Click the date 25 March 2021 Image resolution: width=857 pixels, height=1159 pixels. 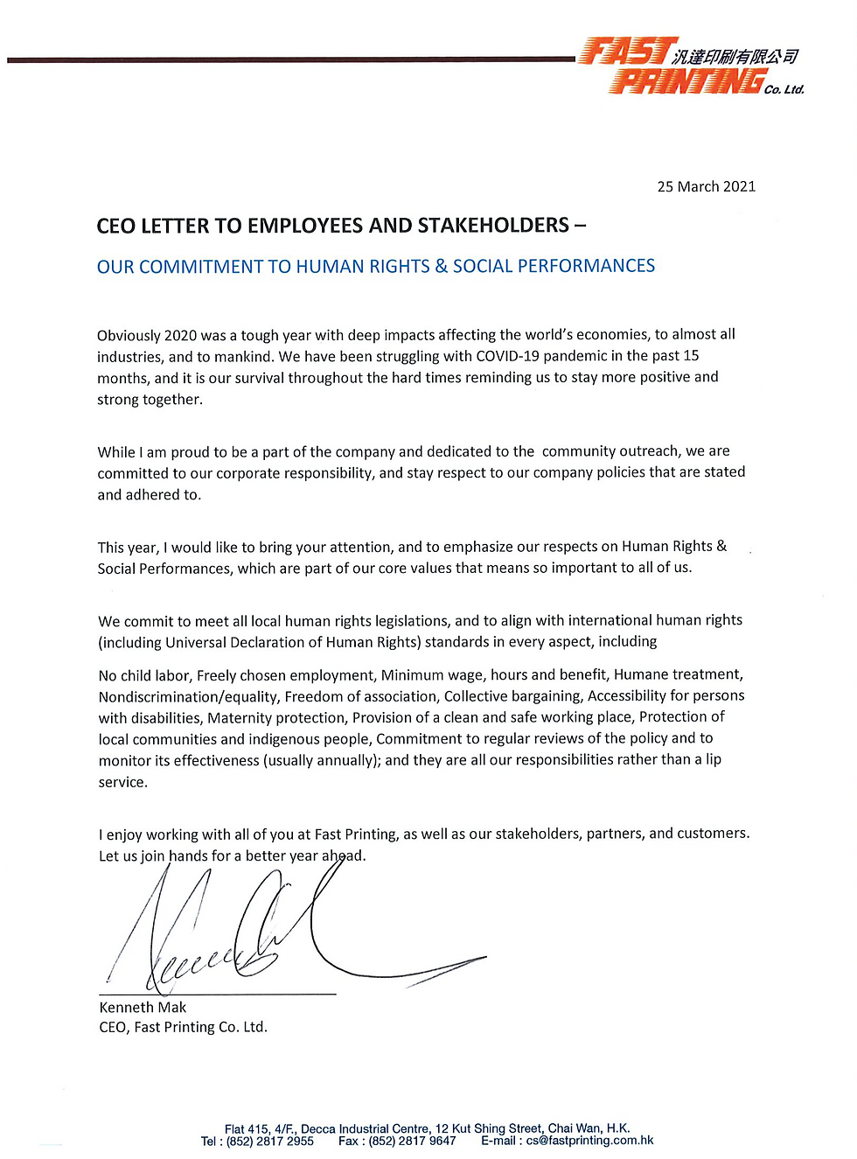[706, 186]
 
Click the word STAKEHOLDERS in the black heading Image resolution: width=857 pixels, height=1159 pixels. [493, 226]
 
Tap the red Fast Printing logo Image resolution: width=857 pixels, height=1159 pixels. [673, 66]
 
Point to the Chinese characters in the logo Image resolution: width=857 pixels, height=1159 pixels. [735, 57]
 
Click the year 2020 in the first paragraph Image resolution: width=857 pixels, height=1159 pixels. [180, 335]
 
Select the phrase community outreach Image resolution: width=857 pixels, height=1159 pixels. [610, 451]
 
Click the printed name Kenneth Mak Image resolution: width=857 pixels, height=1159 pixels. [143, 1008]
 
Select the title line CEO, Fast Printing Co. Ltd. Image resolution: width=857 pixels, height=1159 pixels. [183, 1028]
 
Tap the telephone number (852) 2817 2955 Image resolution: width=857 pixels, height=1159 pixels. [269, 1142]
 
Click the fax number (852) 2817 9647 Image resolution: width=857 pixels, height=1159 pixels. [412, 1142]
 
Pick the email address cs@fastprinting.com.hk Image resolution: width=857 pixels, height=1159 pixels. [589, 1141]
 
